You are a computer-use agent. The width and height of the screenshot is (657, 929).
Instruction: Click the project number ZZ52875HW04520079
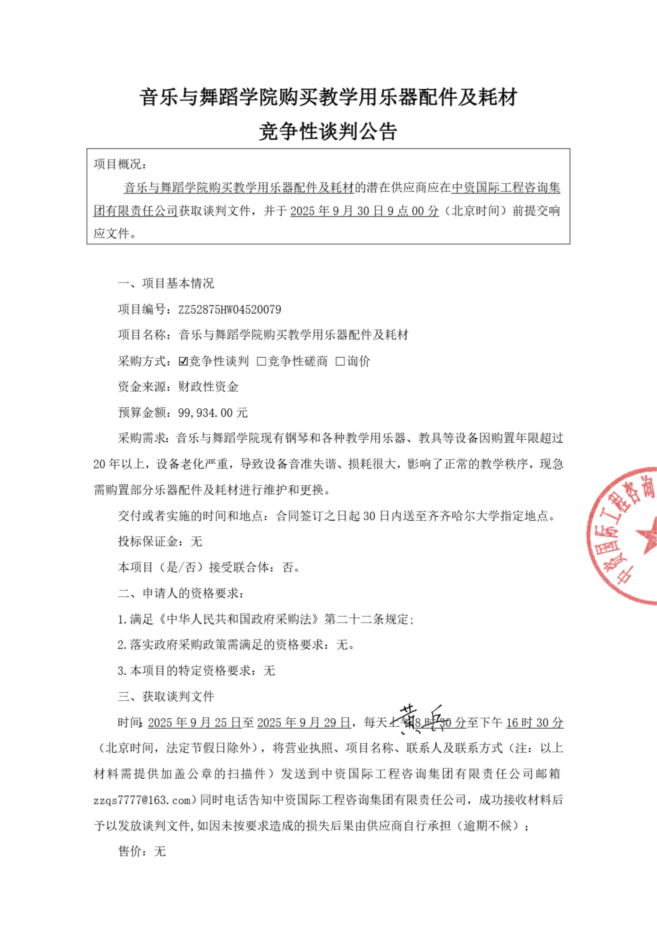229,310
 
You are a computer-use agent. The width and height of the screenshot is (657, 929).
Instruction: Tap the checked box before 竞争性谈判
183,361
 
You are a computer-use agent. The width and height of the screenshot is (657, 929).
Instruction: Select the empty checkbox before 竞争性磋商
261,361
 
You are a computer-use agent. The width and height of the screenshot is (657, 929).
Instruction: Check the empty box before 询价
340,361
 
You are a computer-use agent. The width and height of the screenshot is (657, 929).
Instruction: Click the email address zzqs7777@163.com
142,800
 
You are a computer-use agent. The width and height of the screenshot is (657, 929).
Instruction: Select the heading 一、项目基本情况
166,283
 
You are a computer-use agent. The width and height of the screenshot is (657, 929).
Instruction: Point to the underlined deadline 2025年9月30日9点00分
364,211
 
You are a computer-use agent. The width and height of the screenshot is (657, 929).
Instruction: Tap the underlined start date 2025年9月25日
195,723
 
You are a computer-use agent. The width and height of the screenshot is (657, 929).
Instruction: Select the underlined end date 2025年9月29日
303,723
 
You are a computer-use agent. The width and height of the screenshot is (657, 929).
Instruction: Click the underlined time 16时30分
534,723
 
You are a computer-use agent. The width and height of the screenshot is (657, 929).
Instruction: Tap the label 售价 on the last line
130,852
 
